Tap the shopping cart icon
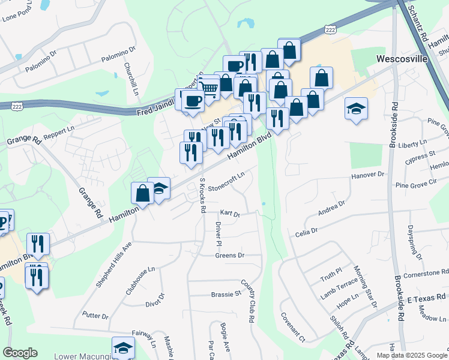point(209,88)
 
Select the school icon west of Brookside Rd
point(356,109)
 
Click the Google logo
point(20,353)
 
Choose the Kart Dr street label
point(230,213)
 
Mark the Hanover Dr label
point(367,175)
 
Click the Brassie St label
point(226,294)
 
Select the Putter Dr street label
point(95,316)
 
